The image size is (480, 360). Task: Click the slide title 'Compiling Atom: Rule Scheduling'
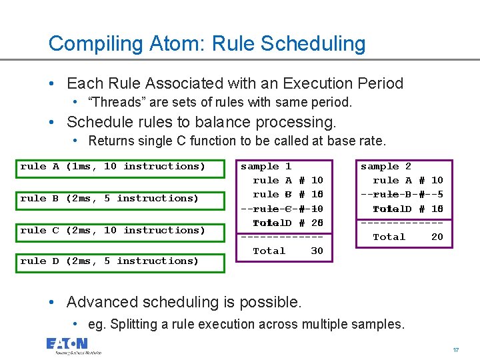[207, 44]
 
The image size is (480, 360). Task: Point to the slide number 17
[455, 349]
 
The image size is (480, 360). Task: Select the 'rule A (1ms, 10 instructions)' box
[113, 167]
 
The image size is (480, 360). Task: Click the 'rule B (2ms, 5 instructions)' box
[109, 199]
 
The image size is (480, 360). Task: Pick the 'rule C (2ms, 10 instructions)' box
[113, 231]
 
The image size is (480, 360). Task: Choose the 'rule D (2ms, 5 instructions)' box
[109, 261]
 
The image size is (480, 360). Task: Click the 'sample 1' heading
[265, 167]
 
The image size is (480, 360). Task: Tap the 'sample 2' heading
[386, 167]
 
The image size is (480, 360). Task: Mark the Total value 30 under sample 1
[317, 251]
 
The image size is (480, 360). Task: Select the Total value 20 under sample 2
[437, 237]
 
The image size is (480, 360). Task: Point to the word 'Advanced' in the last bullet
[99, 302]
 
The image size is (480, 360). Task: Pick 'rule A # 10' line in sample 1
[288, 181]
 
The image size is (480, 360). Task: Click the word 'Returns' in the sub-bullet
[111, 141]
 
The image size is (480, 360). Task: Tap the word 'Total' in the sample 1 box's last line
[269, 251]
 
